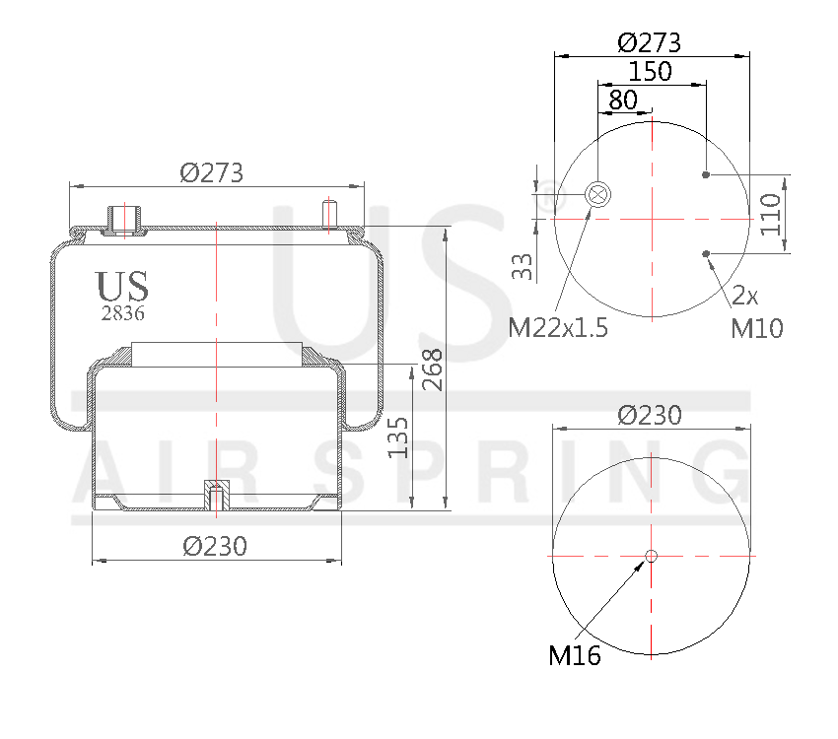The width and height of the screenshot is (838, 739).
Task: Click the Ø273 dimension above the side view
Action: pyautogui.click(x=211, y=172)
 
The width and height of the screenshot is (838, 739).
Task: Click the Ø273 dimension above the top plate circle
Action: pyautogui.click(x=650, y=43)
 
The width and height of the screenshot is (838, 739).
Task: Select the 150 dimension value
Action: pyautogui.click(x=651, y=72)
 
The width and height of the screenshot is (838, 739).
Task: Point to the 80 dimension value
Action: pyautogui.click(x=622, y=100)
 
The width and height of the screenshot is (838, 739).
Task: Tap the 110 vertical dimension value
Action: pyautogui.click(x=771, y=213)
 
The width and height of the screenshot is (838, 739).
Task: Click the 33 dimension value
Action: pyautogui.click(x=524, y=265)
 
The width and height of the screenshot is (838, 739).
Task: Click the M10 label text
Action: pyautogui.click(x=757, y=328)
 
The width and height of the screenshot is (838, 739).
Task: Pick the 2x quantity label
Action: pyautogui.click(x=745, y=296)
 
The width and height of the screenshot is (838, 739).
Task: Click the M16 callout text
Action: pyautogui.click(x=575, y=655)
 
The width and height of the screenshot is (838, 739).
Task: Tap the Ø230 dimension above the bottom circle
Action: pyautogui.click(x=650, y=416)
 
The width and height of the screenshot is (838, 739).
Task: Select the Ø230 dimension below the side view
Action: pyautogui.click(x=215, y=545)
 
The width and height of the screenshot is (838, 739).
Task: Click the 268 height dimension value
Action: pyautogui.click(x=432, y=369)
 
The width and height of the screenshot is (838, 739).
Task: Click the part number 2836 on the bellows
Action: pyautogui.click(x=123, y=313)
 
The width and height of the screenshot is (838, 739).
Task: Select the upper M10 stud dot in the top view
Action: pyautogui.click(x=706, y=175)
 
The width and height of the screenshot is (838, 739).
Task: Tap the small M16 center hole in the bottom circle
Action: pyautogui.click(x=651, y=557)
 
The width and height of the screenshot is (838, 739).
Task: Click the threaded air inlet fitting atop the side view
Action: pyautogui.click(x=123, y=219)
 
